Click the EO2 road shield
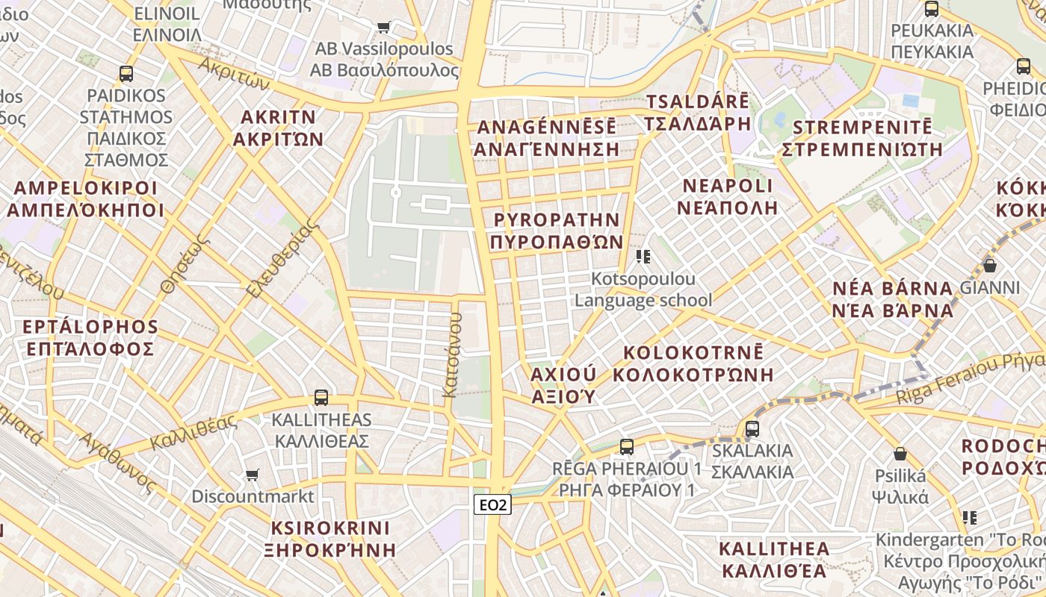pos(492,505)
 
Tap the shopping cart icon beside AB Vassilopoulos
pos(384,28)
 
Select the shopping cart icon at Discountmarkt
pos(253,475)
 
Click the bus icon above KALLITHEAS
pos(321,398)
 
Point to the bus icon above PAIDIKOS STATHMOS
pos(126,74)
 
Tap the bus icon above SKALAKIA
pos(752,429)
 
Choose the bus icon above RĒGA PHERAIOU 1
pos(627,447)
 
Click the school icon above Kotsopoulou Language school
pos(643,257)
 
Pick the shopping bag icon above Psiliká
pos(900,454)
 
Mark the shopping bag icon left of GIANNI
pos(990,265)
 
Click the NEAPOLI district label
pos(727,196)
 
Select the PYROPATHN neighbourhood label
pos(557,231)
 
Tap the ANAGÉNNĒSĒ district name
pos(546,137)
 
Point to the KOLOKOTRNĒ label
pos(693,363)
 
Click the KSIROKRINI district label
pos(330,539)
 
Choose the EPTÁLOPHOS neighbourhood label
pos(90,337)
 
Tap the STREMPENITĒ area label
pos(861,137)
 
